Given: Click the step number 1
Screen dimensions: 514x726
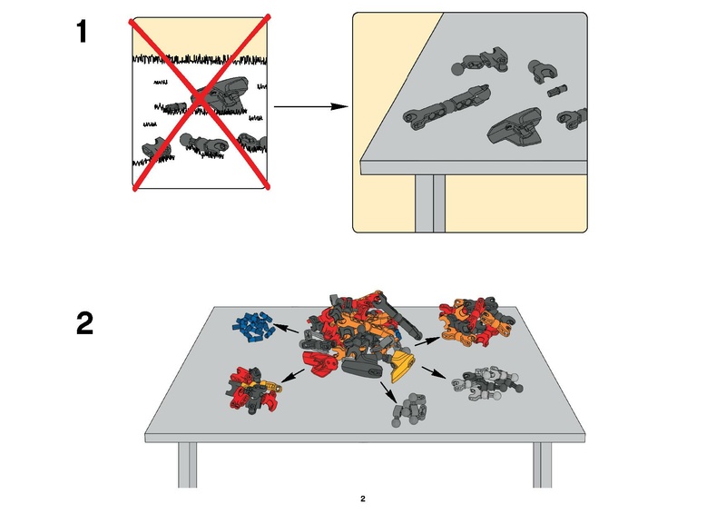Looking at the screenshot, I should click(83, 33).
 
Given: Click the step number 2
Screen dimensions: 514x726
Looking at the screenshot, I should click(84, 323).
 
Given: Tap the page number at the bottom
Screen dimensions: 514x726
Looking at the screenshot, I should click(362, 498).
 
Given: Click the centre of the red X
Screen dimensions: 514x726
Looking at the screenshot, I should click(201, 102).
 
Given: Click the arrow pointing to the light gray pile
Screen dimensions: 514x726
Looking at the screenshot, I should click(433, 374).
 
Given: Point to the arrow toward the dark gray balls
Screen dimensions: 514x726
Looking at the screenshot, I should click(388, 393).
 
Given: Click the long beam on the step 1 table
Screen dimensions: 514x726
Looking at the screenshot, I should click(447, 104).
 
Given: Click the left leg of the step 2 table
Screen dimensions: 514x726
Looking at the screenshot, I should click(187, 464).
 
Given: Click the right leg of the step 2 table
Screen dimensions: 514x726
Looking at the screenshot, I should click(542, 464).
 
